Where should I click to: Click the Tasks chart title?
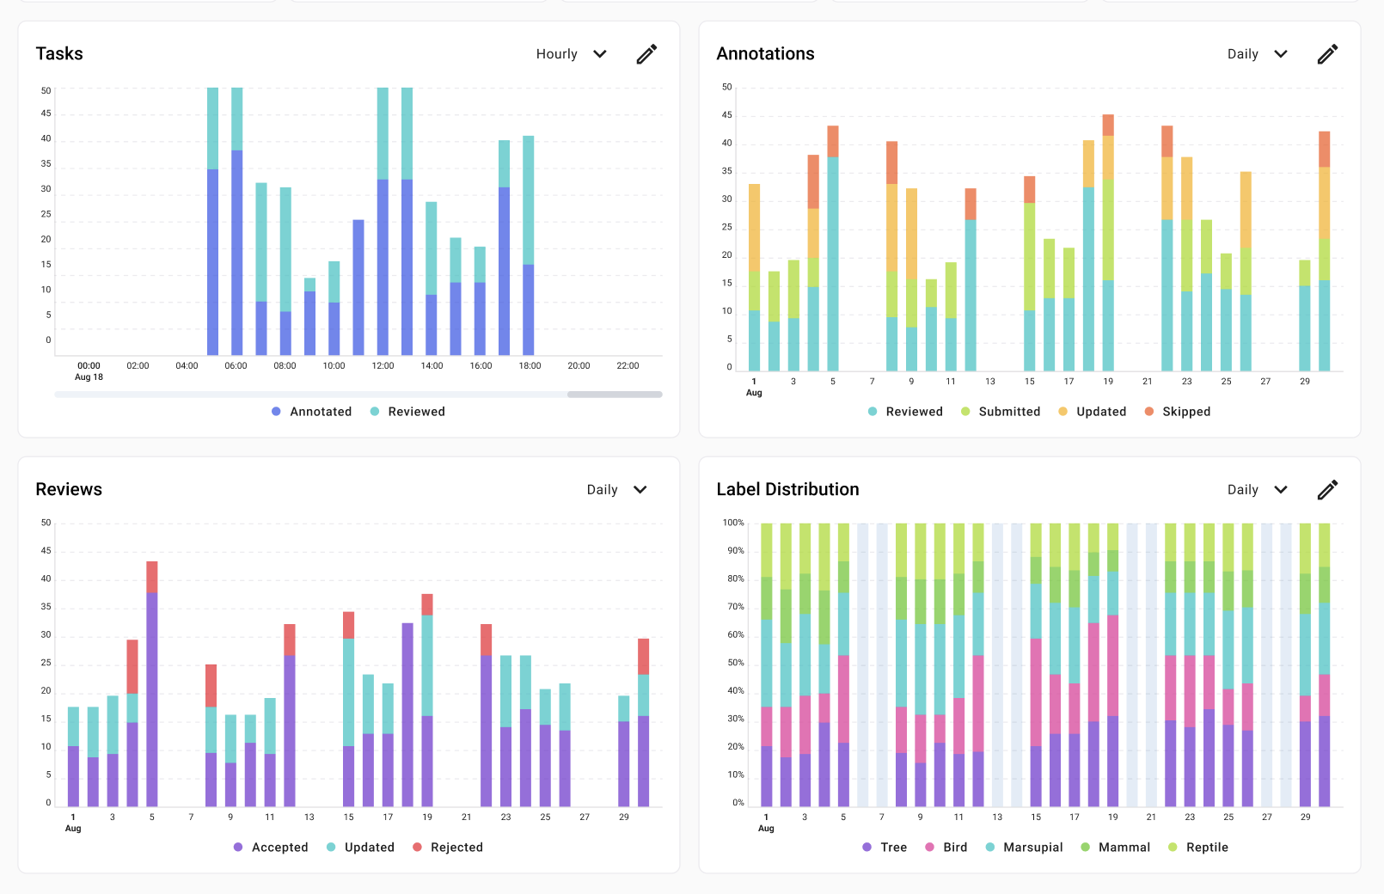point(59,53)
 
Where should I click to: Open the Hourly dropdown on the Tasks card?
point(571,54)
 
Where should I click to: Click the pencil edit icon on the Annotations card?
point(1327,54)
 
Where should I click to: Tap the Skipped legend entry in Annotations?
point(1178,412)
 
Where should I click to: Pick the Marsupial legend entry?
point(1025,848)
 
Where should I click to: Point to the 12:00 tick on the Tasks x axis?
point(383,366)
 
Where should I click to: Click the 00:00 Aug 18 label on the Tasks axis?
point(89,370)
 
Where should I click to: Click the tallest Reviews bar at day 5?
point(152,688)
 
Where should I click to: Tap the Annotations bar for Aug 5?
point(833,258)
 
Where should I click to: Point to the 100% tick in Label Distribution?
point(733,523)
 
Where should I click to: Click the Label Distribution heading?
point(787,489)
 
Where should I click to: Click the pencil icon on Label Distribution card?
point(1327,490)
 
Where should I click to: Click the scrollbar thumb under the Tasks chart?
point(615,395)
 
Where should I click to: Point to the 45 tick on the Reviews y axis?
point(46,551)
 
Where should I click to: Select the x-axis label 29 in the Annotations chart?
point(1305,382)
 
